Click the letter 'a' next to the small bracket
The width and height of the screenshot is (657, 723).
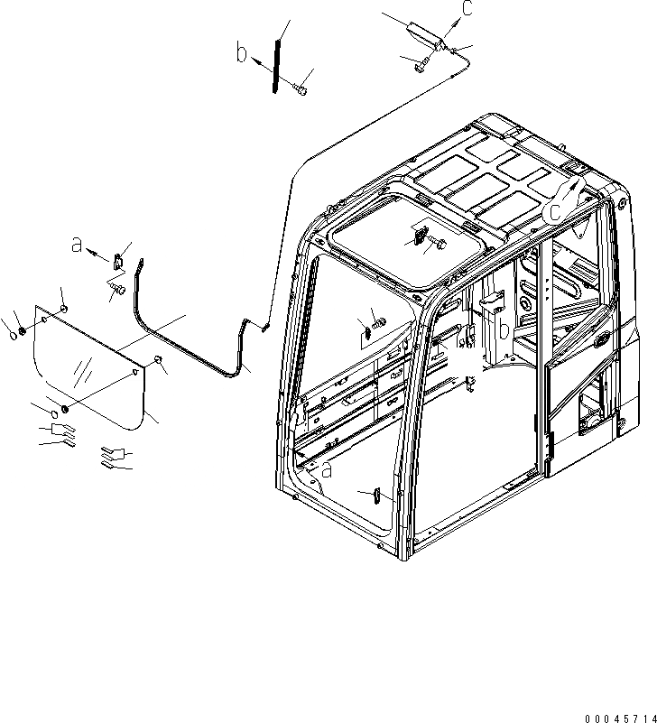(78, 245)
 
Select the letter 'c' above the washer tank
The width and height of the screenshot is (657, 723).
(467, 8)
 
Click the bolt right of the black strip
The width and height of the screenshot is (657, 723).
(301, 88)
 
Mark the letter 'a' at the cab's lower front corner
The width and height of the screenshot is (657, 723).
(325, 470)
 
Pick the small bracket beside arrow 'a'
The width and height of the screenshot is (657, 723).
(119, 262)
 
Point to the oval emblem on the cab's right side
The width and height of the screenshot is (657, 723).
(604, 338)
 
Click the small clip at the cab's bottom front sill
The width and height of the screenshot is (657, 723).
(376, 495)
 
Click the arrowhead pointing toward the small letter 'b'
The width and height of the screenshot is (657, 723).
(255, 58)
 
